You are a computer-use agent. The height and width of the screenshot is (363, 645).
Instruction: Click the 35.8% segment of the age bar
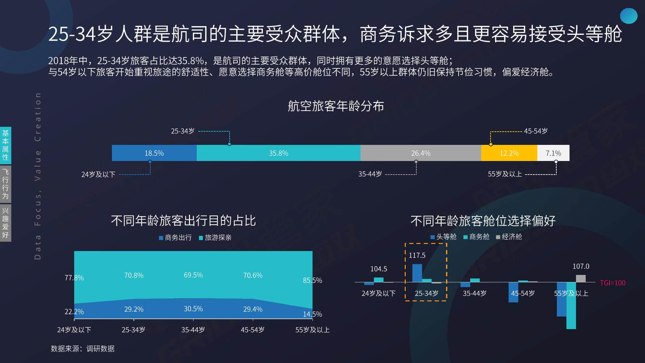[x=279, y=153]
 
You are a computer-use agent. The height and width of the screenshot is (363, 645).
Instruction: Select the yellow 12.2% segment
[x=509, y=153]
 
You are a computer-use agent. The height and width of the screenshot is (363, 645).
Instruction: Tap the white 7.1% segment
[x=553, y=153]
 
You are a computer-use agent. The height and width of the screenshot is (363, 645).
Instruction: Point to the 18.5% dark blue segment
[x=154, y=153]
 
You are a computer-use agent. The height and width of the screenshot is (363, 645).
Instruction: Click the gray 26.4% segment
[x=421, y=153]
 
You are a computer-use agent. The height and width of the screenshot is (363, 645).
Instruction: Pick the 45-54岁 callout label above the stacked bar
[x=536, y=131]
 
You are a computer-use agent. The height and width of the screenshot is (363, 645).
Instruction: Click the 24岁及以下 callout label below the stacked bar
[x=98, y=175]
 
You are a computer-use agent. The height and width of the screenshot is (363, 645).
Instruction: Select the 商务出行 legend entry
[x=175, y=237]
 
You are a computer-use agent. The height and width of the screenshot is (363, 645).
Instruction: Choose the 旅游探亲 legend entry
[x=215, y=237]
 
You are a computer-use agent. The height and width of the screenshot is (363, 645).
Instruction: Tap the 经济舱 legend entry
[x=509, y=237]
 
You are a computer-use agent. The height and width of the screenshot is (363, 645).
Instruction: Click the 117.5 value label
[x=417, y=255]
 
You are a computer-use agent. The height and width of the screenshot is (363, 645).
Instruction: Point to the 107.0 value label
[x=581, y=266]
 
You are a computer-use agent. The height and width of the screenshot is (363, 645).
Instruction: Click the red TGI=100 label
[x=613, y=283]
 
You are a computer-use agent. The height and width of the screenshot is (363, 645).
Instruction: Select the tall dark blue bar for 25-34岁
[x=417, y=273]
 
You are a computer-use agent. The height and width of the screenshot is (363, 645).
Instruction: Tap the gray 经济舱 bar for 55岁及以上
[x=581, y=278]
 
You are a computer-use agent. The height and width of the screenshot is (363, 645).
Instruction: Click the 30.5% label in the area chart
[x=193, y=309]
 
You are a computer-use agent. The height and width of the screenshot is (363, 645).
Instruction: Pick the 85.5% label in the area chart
[x=312, y=280]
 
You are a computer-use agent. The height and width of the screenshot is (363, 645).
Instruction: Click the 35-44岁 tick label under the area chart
[x=193, y=330]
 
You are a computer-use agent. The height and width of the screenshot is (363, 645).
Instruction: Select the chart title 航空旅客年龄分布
[x=336, y=106]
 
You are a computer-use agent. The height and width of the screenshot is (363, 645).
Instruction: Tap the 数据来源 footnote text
[x=83, y=348]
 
